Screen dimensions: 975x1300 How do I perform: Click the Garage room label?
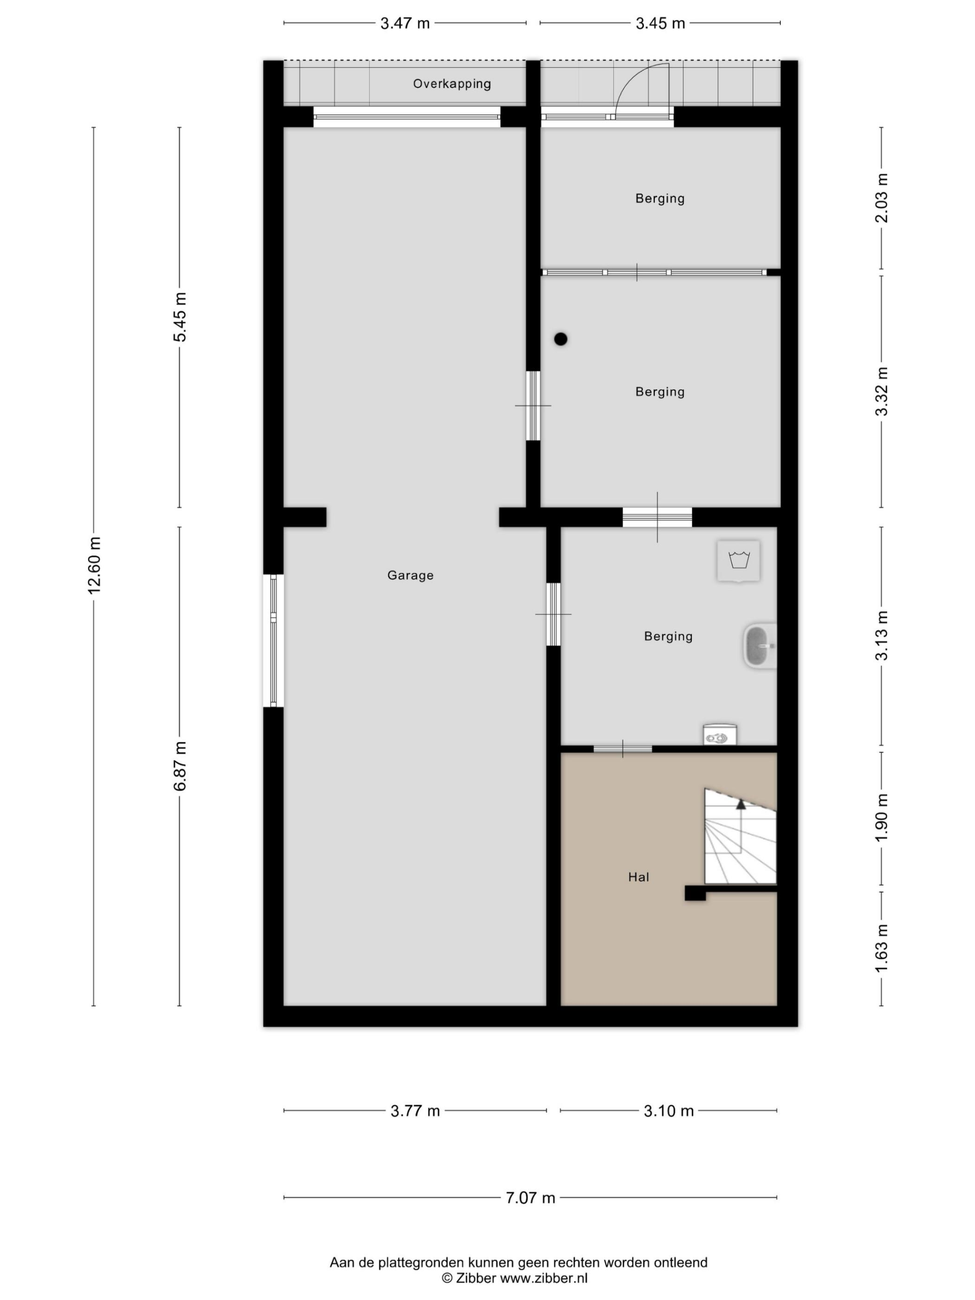tap(410, 575)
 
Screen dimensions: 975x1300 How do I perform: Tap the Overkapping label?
tap(452, 84)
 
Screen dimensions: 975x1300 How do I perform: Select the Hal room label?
tap(639, 877)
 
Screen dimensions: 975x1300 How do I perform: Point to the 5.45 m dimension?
tap(180, 317)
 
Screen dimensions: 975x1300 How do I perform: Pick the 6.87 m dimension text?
tap(180, 766)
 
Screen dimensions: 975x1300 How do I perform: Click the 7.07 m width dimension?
tap(530, 1198)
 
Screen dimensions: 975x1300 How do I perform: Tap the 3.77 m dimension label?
tap(415, 1111)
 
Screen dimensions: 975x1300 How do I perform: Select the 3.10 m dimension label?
tap(669, 1111)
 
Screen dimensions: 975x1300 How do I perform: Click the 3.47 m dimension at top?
tap(405, 23)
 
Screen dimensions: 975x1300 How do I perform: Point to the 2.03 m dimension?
tap(881, 198)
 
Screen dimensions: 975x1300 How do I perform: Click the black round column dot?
tap(561, 339)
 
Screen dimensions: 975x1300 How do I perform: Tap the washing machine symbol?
tap(738, 561)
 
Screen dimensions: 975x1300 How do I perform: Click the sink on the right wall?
tap(760, 646)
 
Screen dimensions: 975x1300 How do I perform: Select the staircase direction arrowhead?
tap(741, 804)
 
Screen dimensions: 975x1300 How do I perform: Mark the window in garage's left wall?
tap(273, 640)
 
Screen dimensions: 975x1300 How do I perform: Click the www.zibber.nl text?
tap(544, 1278)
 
